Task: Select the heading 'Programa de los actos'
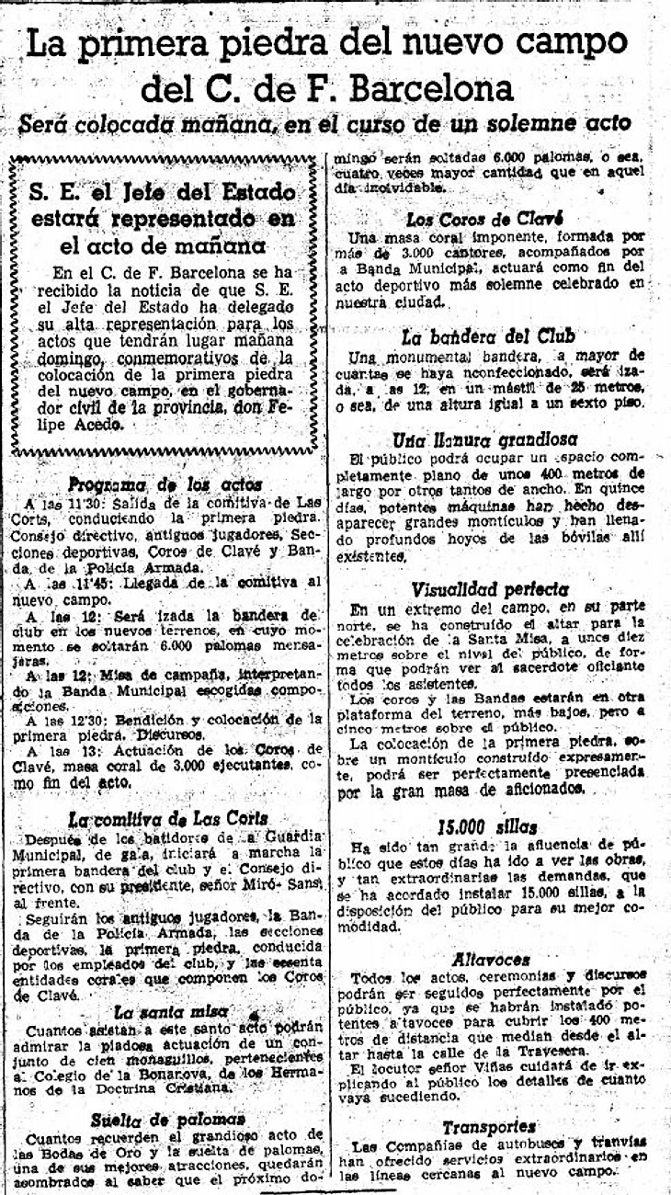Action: point(165,484)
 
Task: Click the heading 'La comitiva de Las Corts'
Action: point(168,818)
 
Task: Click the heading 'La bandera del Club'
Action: point(495,336)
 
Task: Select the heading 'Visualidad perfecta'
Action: point(490,587)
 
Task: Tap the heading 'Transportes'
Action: point(489,1125)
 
